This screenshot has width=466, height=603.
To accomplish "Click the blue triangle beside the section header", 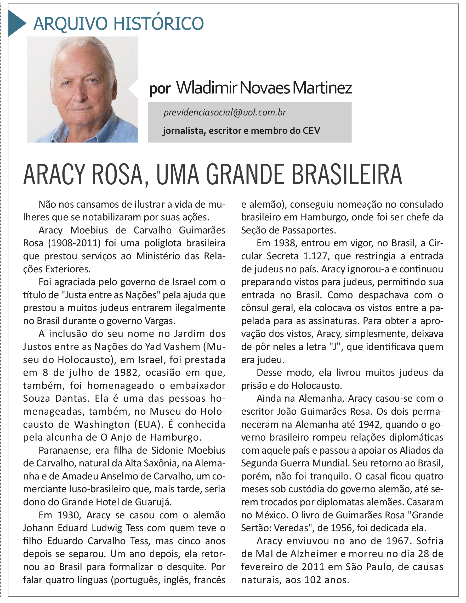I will coord(16,23).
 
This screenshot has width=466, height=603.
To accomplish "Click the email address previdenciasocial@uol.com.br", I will coord(225,112).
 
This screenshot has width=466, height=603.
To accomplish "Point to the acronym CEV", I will coord(311,131).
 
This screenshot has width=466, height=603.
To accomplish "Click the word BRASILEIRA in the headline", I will coord(346,175).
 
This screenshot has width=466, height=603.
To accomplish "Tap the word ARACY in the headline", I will coord(54,175).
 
